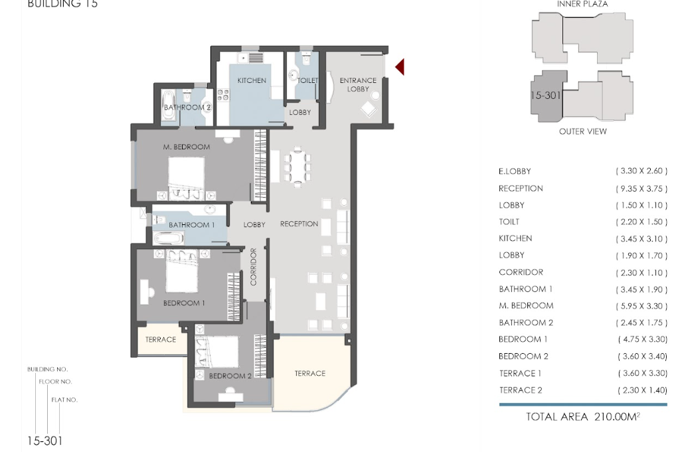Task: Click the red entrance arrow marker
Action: (400, 67)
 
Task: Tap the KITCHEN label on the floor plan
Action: (252, 80)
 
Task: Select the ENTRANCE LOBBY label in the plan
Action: (358, 85)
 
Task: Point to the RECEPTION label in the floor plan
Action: (299, 224)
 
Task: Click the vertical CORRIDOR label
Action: (253, 267)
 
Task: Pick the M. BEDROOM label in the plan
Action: (187, 147)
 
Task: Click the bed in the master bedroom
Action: (186, 178)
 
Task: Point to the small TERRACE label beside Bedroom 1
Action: (161, 339)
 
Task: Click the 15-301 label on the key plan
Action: (546, 95)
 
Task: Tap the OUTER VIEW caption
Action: (583, 131)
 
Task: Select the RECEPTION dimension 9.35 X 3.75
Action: (641, 188)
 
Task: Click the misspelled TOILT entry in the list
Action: (509, 222)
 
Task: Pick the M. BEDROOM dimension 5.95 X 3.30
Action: (641, 306)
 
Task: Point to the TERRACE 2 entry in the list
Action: (521, 390)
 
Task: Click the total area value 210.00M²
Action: (617, 417)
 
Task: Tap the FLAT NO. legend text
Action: (64, 400)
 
